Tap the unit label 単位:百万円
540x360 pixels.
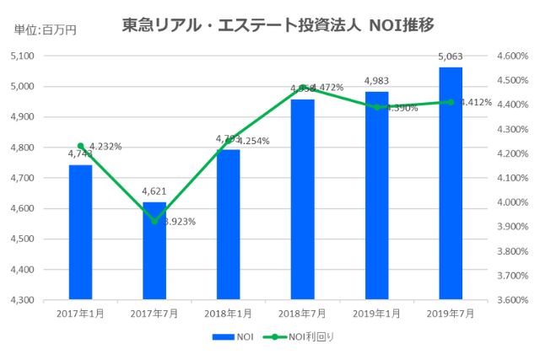click(x=46, y=30)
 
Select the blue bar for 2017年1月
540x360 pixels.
click(x=80, y=232)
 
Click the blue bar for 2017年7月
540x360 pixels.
click(x=154, y=251)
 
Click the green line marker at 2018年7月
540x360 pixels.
click(x=303, y=88)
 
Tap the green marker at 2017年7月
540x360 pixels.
click(x=154, y=221)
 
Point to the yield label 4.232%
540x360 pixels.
click(x=105, y=146)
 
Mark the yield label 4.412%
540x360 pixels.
click(x=475, y=103)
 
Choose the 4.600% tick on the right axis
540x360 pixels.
click(x=512, y=56)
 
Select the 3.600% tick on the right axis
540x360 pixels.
click(x=512, y=300)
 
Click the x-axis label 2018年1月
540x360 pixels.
click(x=229, y=313)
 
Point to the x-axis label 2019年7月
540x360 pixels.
click(x=451, y=313)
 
